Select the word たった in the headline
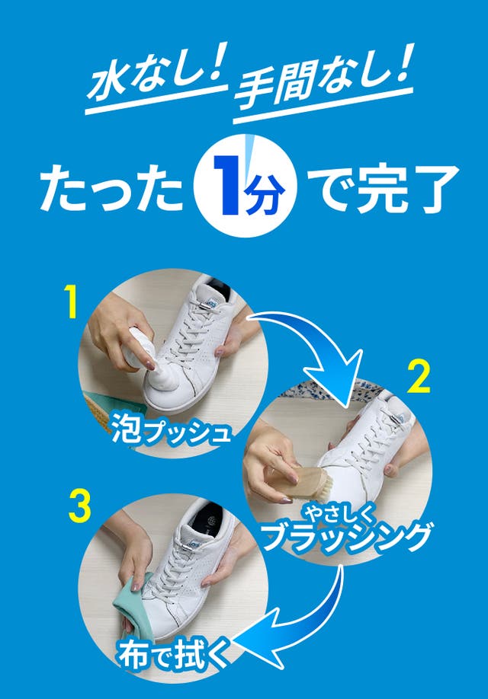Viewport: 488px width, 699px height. pyautogui.click(x=111, y=187)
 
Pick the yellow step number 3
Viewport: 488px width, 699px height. pyautogui.click(x=80, y=506)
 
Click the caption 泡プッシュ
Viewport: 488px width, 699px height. pyautogui.click(x=171, y=429)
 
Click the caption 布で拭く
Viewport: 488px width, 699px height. pyautogui.click(x=175, y=655)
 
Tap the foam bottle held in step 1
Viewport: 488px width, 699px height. pyautogui.click(x=139, y=349)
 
